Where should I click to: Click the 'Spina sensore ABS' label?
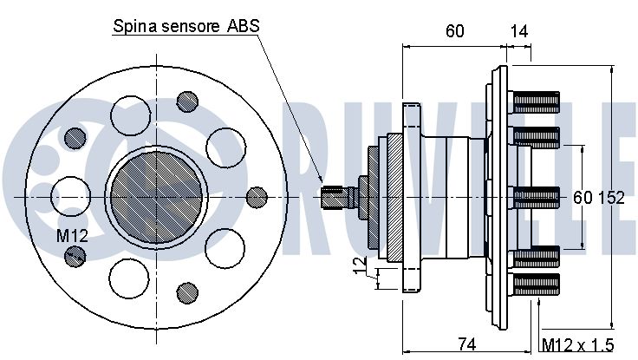[186, 26]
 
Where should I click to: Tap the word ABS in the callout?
[244, 26]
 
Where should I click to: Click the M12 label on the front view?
[72, 235]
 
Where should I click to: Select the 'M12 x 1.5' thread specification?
[578, 345]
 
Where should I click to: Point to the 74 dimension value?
[466, 344]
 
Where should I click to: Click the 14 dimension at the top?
[518, 31]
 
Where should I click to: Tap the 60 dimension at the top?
[454, 31]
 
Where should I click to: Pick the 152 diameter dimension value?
[611, 198]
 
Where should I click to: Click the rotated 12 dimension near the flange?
[360, 265]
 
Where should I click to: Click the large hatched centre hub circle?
[157, 198]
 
